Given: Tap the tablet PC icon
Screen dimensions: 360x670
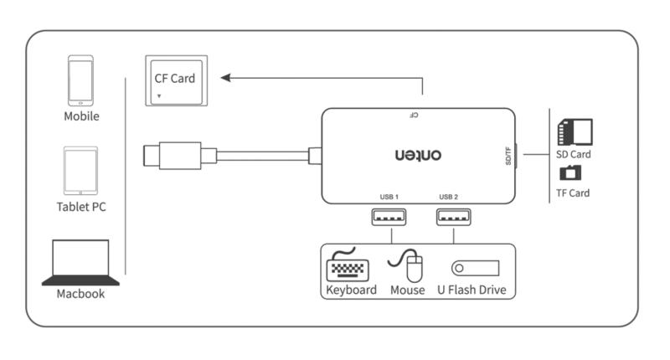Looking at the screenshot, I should point(80,171).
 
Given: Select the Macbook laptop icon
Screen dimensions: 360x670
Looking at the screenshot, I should point(80,263).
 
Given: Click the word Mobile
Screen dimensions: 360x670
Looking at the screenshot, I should point(81,116).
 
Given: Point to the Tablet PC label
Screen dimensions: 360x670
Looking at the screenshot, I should point(81,207).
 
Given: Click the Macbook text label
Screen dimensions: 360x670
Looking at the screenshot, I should point(80,295).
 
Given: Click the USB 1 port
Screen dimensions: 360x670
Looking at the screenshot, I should point(389,217).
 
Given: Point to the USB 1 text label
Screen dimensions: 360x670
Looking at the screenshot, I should point(389,197).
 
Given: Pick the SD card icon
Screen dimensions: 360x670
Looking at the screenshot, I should point(575,132).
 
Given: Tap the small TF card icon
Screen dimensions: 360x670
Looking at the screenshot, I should point(572,172).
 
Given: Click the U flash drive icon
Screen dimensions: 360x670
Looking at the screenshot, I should point(475,268).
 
